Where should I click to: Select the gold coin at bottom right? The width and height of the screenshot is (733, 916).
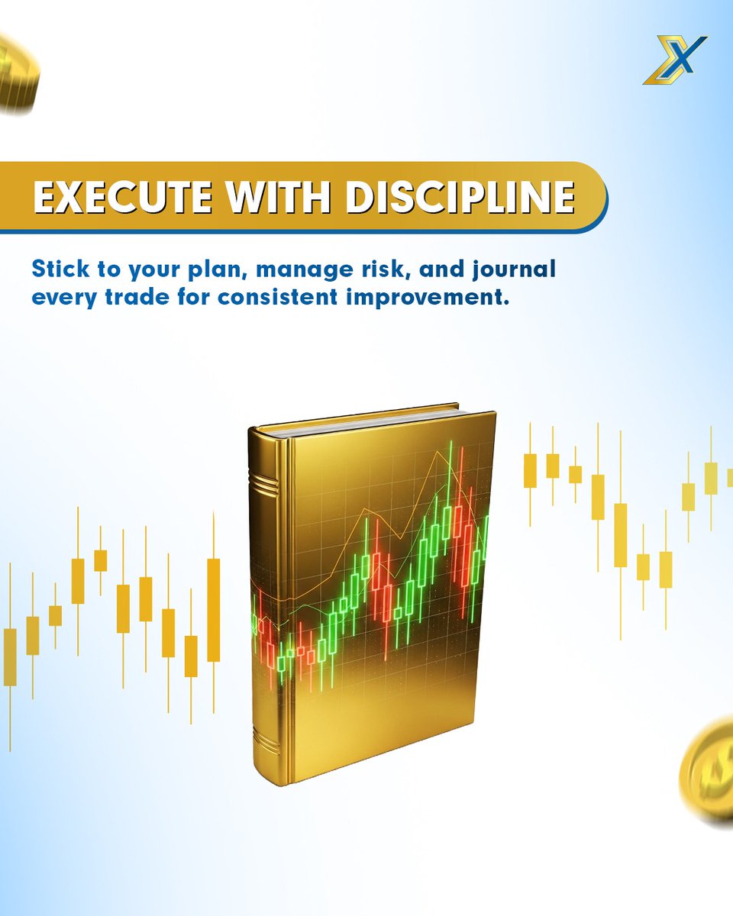709,771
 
